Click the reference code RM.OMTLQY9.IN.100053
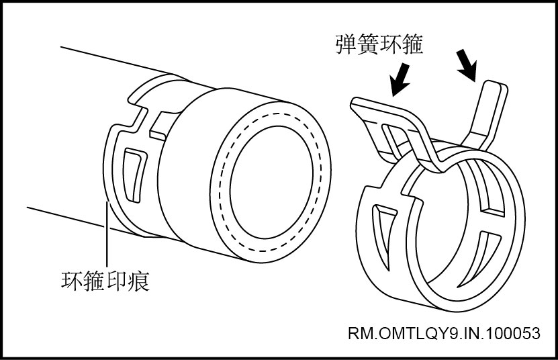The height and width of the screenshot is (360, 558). point(444,334)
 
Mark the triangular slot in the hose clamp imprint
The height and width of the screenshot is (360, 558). point(132,171)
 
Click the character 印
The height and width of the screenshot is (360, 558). point(115,279)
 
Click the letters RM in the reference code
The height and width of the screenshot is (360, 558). point(361,334)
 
